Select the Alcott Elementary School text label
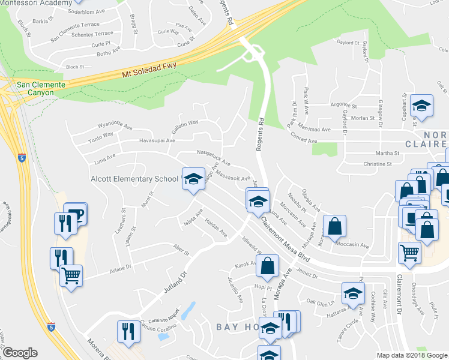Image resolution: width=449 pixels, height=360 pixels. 134,178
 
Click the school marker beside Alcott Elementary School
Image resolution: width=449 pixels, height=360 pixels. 193,180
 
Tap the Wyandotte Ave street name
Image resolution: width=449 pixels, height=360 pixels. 115,127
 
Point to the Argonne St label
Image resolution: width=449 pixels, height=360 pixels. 344,104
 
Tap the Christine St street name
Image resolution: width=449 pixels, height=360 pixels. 378,163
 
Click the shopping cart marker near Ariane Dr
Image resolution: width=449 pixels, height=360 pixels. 71,277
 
